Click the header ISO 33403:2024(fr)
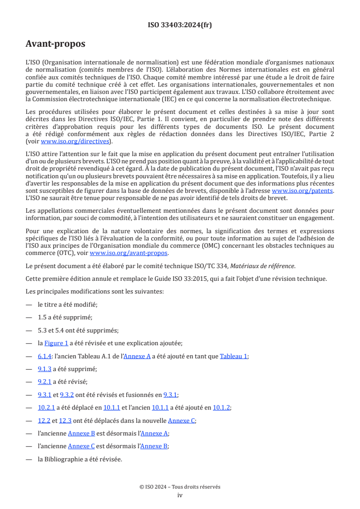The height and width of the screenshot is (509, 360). coord(180,25)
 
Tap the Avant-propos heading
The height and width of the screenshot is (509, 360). coord(55,44)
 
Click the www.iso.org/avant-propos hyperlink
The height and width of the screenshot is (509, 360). coord(129,253)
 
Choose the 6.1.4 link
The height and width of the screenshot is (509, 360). coord(44,356)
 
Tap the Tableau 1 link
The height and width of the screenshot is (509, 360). coord(233,356)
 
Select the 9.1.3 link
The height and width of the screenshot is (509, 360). coord(44,369)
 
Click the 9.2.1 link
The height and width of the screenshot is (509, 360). coord(44,382)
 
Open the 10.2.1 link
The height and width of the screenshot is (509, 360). coord(46,407)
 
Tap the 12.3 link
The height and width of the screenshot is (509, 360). coord(66,421)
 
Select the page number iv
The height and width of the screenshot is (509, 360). coord(180,495)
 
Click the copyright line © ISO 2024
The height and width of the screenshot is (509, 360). coord(180,487)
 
